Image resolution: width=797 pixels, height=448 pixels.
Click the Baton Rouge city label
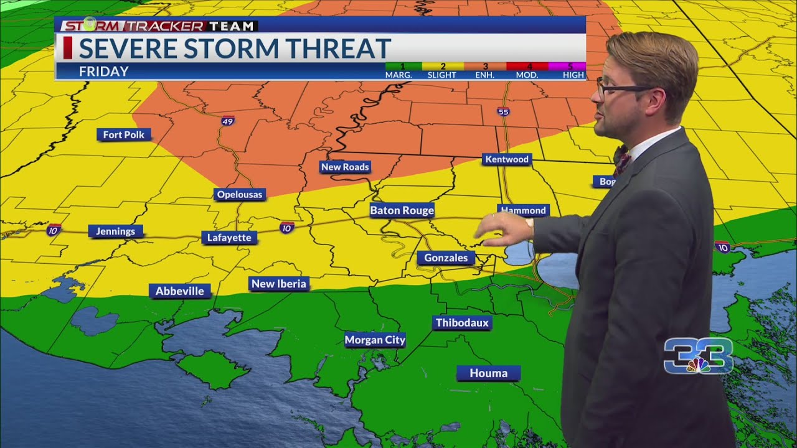pyautogui.click(x=402, y=210)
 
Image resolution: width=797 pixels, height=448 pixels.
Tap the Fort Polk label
pyautogui.click(x=124, y=134)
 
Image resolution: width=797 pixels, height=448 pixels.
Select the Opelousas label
pyautogui.click(x=240, y=195)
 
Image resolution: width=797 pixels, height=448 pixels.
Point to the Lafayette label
pyautogui.click(x=229, y=238)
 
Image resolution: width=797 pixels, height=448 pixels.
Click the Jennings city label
pyautogui.click(x=115, y=231)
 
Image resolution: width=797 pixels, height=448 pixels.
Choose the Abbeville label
pyautogui.click(x=179, y=291)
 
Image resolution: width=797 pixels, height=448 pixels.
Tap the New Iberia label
pyautogui.click(x=278, y=284)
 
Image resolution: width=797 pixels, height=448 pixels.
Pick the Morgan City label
pyautogui.click(x=375, y=340)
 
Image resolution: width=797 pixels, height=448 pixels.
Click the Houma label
pyautogui.click(x=488, y=373)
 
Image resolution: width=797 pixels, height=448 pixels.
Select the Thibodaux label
pyautogui.click(x=463, y=322)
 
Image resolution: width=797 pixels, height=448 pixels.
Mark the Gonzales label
pyautogui.click(x=446, y=258)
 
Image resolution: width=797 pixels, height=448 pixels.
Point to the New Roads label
pyautogui.click(x=345, y=167)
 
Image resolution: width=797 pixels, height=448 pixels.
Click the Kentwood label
pyautogui.click(x=506, y=159)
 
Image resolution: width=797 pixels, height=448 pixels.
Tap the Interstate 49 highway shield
pyautogui.click(x=228, y=121)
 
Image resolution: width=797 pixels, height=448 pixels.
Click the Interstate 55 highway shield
pyautogui.click(x=503, y=112)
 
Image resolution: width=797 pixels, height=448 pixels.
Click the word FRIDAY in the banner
pyautogui.click(x=103, y=72)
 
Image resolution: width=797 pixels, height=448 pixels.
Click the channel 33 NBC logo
pyautogui.click(x=697, y=356)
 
